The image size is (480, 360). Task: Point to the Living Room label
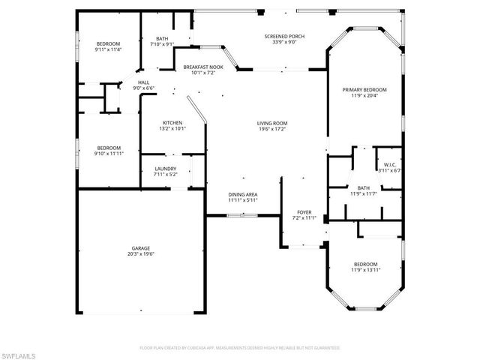pyautogui.click(x=273, y=123)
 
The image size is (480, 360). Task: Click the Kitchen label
pyautogui.click(x=173, y=123)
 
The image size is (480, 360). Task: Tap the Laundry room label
pyautogui.click(x=165, y=169)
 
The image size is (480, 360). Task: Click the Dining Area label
pyautogui.click(x=243, y=195)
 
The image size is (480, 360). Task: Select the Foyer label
pyautogui.click(x=304, y=212)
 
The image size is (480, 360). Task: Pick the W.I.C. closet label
pyautogui.click(x=390, y=164)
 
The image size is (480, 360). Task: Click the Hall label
pyautogui.click(x=142, y=83)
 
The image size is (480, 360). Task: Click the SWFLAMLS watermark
pyautogui.click(x=20, y=352)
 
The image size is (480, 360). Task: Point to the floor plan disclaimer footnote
pyautogui.click(x=240, y=348)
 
